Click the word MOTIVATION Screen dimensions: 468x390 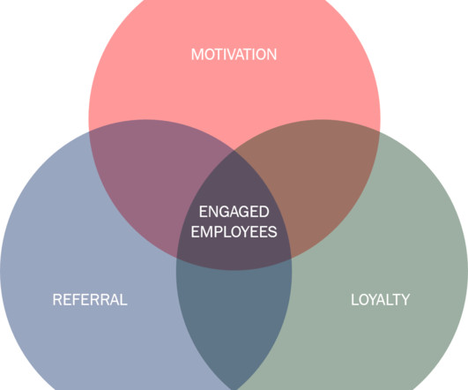coord(234,55)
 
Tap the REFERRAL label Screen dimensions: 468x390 coord(90,299)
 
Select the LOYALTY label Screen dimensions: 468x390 coord(380,299)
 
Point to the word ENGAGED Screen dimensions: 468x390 coord(234,212)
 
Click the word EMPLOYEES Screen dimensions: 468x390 coord(234,232)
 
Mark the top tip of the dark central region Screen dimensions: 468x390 coord(234,151)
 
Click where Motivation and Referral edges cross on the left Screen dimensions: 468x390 coord(89,131)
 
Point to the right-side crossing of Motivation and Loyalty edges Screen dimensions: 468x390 coord(380,131)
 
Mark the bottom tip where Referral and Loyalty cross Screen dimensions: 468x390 coord(234,388)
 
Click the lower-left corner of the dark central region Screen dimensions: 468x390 coord(177,257)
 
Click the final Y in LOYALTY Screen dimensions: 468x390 coord(405,299)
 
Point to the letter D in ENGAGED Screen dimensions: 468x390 coord(264,212)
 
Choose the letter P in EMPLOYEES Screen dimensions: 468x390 coord(218,232)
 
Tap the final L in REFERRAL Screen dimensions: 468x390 coord(123,299)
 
